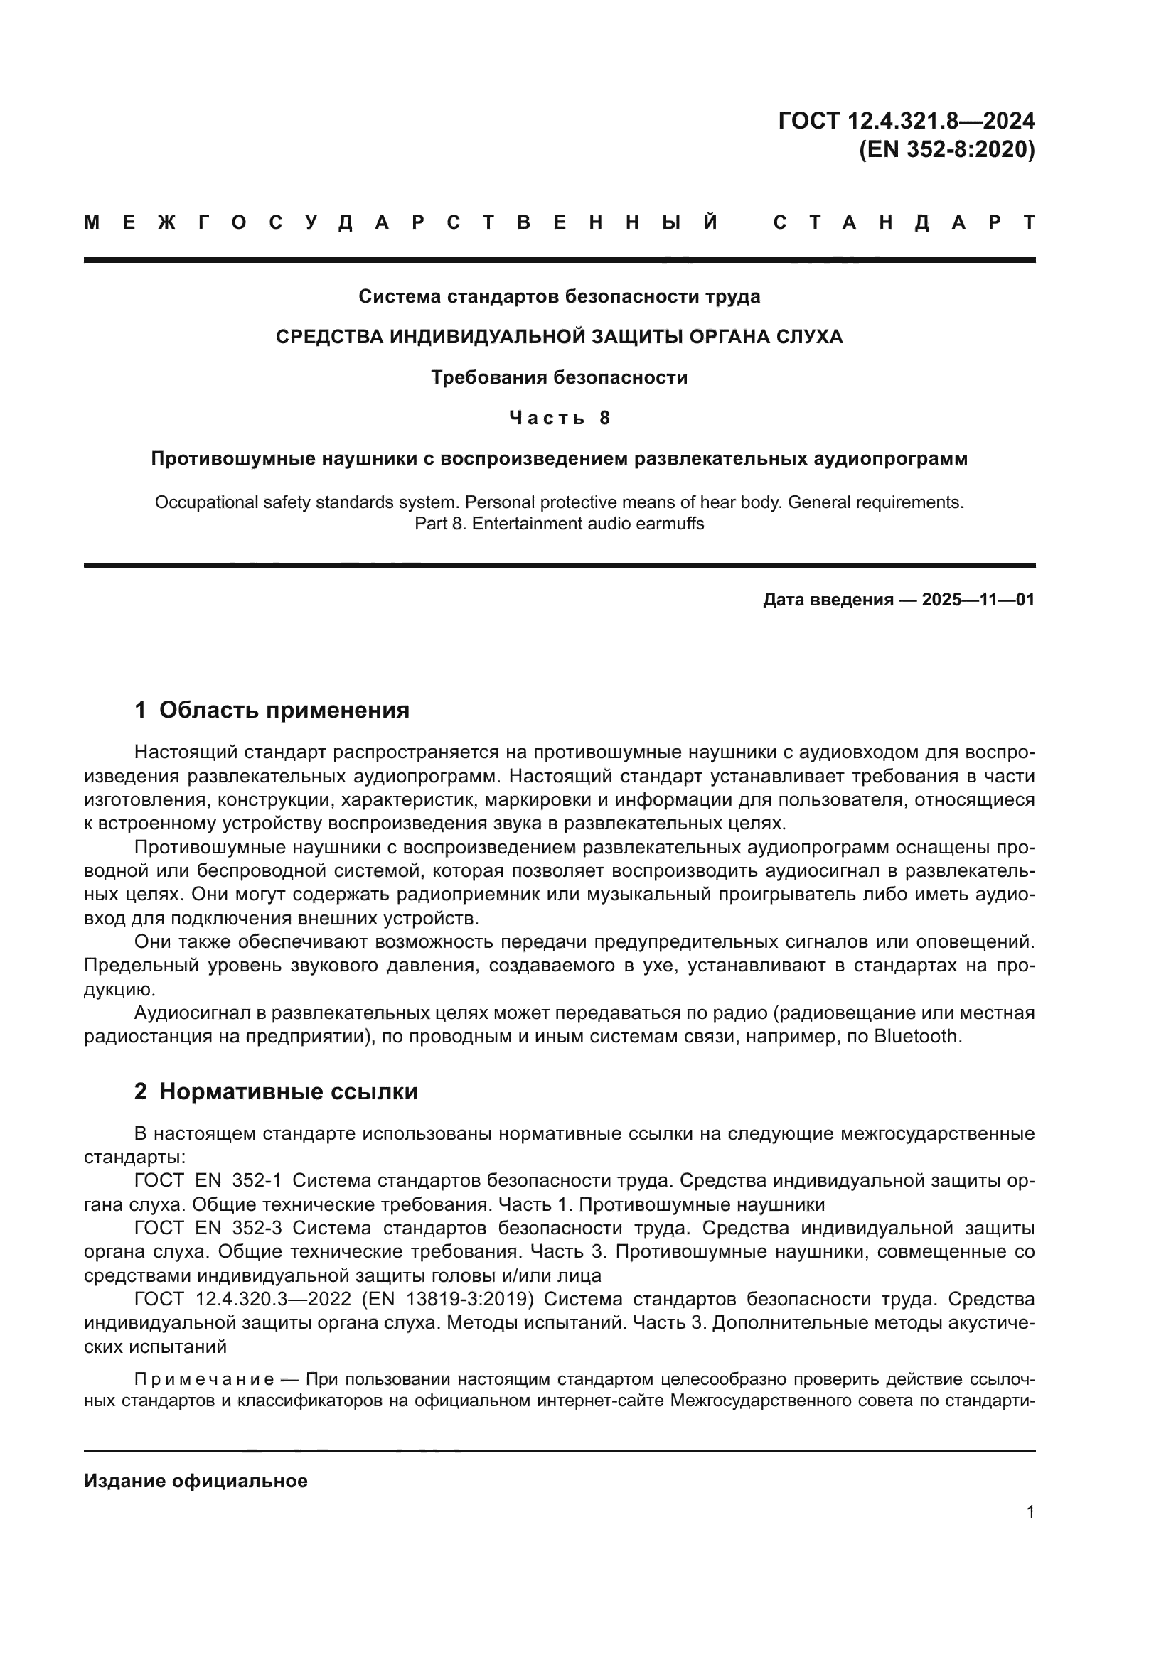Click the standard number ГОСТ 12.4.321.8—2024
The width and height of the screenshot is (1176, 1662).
click(x=906, y=120)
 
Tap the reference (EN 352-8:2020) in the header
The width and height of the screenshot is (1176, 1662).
click(x=946, y=150)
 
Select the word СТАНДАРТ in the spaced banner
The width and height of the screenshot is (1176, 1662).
click(x=904, y=222)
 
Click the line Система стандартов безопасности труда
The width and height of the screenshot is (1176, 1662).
click(x=559, y=297)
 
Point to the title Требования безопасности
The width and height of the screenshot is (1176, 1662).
click(x=559, y=378)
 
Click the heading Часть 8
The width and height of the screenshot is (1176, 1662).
click(x=559, y=419)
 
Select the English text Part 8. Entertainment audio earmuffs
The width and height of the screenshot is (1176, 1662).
click(x=559, y=524)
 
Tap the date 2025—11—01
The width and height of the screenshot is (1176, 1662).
click(x=978, y=600)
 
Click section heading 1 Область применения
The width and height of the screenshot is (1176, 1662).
click(x=272, y=710)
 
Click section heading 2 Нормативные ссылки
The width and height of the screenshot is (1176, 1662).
click(x=276, y=1091)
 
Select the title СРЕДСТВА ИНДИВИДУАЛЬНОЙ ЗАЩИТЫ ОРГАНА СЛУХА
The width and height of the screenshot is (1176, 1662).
click(x=559, y=338)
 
